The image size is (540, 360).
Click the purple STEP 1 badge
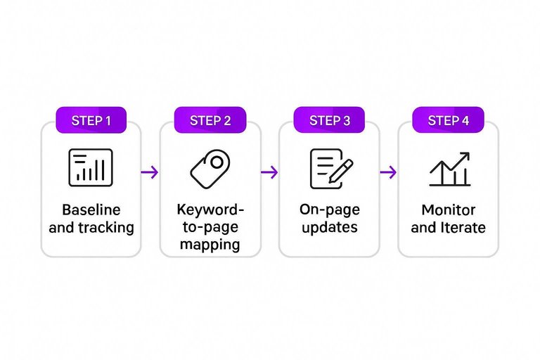point(91,120)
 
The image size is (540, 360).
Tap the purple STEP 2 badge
point(210,120)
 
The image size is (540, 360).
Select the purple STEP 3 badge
point(329,120)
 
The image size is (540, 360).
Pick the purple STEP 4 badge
point(448,120)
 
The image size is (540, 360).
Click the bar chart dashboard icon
point(91,167)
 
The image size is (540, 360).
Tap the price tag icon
point(210,169)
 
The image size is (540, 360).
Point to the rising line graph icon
point(449,169)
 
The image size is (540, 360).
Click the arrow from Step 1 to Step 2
point(150,172)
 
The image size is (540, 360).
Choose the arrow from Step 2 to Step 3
point(269,172)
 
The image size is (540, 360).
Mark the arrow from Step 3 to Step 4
point(388,172)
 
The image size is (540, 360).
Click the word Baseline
point(91,210)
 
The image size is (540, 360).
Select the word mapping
point(210,245)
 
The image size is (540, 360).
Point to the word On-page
point(329,210)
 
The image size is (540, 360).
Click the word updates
point(329,228)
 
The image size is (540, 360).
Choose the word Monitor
point(448,210)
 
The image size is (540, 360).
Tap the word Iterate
point(462,228)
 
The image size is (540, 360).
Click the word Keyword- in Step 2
point(210,210)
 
